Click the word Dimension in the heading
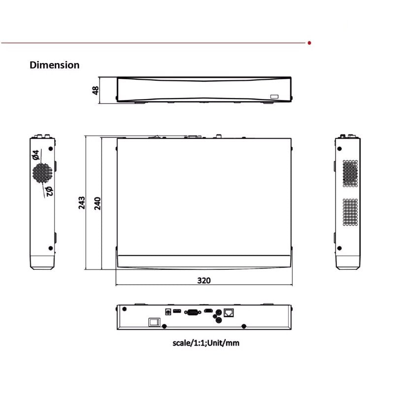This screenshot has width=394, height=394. [55, 65]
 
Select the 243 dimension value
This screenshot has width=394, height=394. [82, 203]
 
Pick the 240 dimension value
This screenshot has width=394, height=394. [98, 203]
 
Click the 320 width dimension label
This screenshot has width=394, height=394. [204, 281]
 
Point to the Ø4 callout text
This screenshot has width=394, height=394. [36, 155]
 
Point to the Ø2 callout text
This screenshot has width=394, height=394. [48, 191]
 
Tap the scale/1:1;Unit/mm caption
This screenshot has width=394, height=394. [206, 343]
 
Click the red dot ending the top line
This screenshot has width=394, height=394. [309, 43]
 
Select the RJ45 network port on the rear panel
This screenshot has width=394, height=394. [229, 312]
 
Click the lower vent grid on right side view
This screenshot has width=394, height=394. [350, 212]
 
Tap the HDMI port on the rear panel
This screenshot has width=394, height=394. [209, 311]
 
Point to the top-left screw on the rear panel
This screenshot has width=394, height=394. [125, 310]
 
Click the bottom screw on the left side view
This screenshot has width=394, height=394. [51, 248]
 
